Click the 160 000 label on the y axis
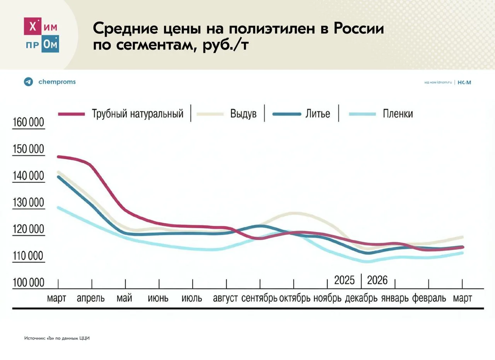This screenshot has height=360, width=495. pos(28,123)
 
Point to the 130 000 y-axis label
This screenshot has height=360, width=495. pos(28,203)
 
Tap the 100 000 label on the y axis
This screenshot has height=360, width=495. pos(28,283)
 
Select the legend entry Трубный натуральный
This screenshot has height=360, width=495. pos(137,114)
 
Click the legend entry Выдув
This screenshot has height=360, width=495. pos(243,114)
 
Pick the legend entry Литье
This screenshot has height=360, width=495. pos(317,114)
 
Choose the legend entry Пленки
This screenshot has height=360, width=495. pos(398,114)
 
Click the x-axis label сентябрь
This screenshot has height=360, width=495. pos(259,299)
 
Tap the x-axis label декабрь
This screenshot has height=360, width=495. pos(361,299)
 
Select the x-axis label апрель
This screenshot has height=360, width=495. pos(91,299)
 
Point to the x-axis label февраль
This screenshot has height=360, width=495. pos(429,299)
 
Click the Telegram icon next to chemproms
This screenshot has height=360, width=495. pos(28,82)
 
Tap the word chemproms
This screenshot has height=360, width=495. pos(57,82)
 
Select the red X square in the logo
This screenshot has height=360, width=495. pos(34,27)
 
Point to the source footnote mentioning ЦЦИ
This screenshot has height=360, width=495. pos(57,338)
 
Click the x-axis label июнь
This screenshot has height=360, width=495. pos(158,299)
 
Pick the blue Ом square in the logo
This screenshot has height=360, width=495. pos(50,44)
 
